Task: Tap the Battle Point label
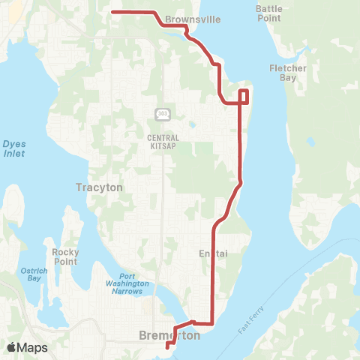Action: tap(269, 12)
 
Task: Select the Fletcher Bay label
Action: tap(288, 73)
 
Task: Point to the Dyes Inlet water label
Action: tap(13, 148)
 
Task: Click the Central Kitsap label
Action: tap(163, 142)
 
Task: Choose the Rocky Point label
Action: tap(65, 256)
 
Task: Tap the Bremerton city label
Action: tap(170, 336)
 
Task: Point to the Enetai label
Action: tap(212, 254)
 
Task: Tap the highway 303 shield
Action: tap(163, 114)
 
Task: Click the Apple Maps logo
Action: tap(26, 347)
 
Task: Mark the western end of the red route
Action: tap(112, 12)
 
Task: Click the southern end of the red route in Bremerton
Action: tap(166, 347)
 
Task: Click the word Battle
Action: tap(269, 7)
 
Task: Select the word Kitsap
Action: tap(163, 146)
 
